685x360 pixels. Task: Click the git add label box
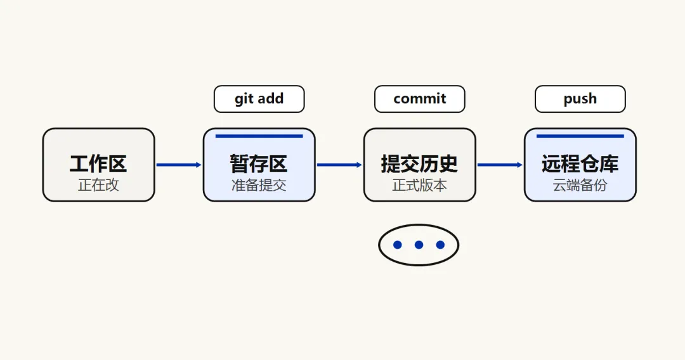259,99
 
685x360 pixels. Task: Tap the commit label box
419,99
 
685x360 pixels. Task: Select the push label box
580,99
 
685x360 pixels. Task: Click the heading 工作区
98,164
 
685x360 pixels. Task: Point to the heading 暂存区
259,164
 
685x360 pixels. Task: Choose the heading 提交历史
419,164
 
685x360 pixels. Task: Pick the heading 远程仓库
580,164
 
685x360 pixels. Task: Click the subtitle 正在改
98,185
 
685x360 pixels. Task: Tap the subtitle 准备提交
259,185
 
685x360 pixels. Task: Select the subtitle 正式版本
419,185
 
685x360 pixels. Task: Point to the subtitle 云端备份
580,185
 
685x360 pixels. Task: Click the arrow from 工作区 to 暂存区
179,165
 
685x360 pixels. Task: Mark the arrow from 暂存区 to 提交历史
339,165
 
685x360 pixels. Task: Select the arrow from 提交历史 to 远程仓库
500,165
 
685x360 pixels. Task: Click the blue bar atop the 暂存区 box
259,136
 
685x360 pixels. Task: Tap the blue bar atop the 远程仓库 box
580,136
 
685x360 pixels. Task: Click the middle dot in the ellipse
419,245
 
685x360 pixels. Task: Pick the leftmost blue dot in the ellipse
398,245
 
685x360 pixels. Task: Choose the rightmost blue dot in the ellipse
440,245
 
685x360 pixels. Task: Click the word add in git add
270,98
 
